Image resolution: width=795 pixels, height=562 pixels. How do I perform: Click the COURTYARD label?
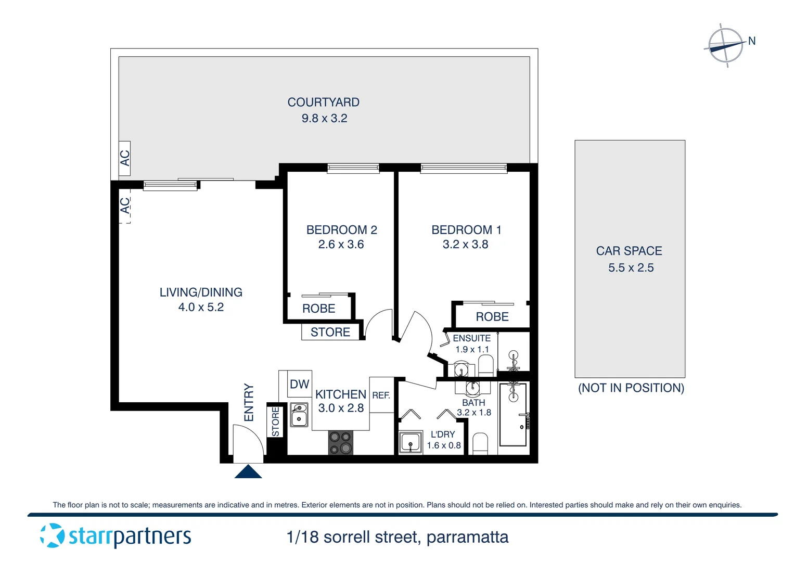point(323,103)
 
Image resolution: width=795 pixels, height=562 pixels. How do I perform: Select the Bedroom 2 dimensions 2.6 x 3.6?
point(341,245)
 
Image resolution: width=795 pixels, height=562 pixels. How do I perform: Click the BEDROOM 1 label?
point(466,230)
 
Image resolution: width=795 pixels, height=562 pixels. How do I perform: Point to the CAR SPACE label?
point(629,251)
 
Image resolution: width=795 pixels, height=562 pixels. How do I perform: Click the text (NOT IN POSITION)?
point(631,388)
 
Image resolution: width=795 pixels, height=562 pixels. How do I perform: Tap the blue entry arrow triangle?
point(248,472)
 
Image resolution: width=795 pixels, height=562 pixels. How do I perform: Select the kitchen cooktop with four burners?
point(341,443)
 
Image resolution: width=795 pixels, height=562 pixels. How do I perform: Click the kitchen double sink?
point(299,415)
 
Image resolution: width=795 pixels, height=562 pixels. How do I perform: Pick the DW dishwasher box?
point(300,385)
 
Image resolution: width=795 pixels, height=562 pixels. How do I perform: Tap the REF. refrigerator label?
point(381,395)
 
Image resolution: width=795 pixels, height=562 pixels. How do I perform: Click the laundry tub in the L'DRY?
point(411,443)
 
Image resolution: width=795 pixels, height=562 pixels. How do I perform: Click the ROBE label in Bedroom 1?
point(492,317)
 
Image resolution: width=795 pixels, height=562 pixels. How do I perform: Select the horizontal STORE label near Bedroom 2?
point(330,333)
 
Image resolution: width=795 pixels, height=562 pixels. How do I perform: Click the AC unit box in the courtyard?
point(125,158)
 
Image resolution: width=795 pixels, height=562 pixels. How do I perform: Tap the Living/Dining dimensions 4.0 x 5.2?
point(201,308)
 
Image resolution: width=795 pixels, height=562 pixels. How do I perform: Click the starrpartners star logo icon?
point(52,535)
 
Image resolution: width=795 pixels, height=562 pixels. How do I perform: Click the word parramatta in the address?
point(467,538)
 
